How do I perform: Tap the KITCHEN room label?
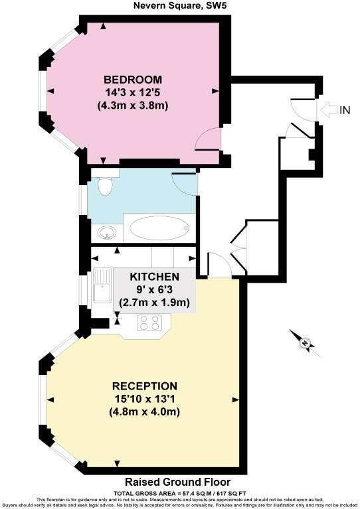coord(154,276)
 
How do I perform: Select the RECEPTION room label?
coord(144,386)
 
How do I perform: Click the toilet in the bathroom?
coord(104,188)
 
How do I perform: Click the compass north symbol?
coord(305,343)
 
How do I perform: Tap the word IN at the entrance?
coord(344,110)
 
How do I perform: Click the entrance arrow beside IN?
coord(327,110)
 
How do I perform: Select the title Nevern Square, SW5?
coord(179,7)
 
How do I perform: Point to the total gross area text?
coord(179,492)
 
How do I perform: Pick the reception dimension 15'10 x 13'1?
coord(144,399)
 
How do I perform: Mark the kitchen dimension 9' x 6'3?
coord(154,289)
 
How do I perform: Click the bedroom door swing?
coord(209,139)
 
